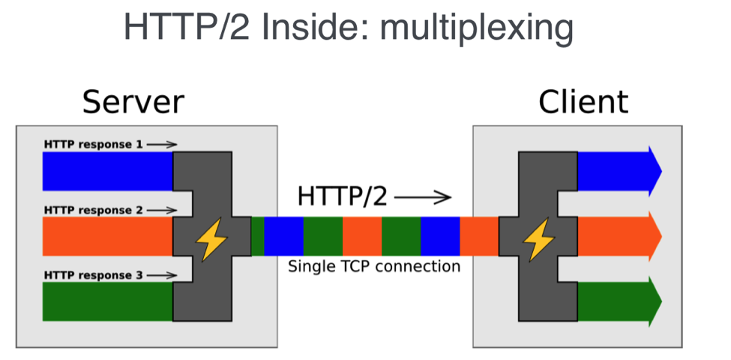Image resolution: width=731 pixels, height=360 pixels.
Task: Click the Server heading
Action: [x=133, y=102]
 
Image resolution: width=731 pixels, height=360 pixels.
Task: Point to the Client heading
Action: [x=583, y=102]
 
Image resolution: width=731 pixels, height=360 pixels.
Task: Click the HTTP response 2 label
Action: [x=94, y=210]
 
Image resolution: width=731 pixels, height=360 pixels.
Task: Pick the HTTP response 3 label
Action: [x=94, y=275]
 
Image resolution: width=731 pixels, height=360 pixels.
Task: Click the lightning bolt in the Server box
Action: [x=211, y=239]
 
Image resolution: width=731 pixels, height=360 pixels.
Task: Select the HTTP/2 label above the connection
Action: [x=343, y=197]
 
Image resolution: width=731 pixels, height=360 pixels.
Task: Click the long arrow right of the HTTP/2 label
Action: [x=423, y=198]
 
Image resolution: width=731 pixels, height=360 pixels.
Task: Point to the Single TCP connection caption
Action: [x=374, y=266]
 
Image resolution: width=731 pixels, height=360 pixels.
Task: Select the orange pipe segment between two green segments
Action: [x=362, y=236]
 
